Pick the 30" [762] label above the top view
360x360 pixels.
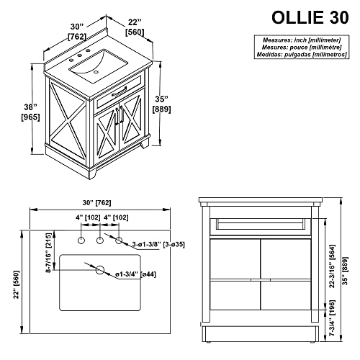(x=96, y=203)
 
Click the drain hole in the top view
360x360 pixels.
(x=101, y=271)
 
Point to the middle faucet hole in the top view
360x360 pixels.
(x=100, y=240)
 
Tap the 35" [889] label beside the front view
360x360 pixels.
(x=348, y=269)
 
